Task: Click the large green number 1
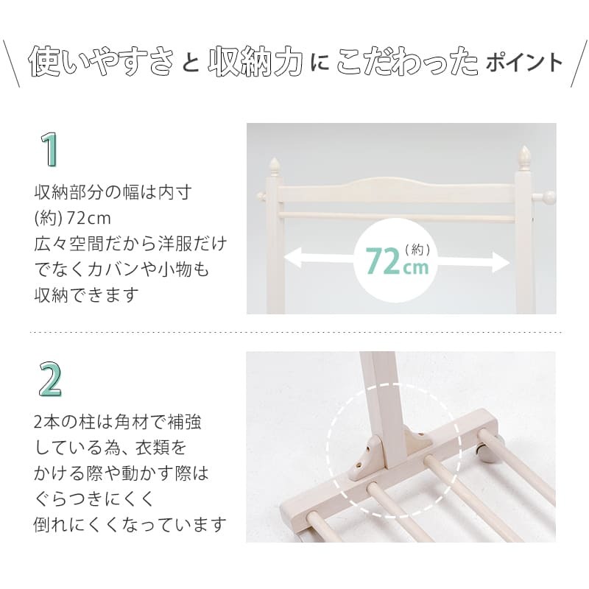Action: click(49, 149)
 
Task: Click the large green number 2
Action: click(49, 379)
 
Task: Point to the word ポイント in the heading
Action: click(523, 64)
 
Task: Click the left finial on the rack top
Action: click(275, 163)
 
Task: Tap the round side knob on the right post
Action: click(549, 197)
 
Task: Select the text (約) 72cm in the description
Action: click(71, 219)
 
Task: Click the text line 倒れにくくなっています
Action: click(130, 525)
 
